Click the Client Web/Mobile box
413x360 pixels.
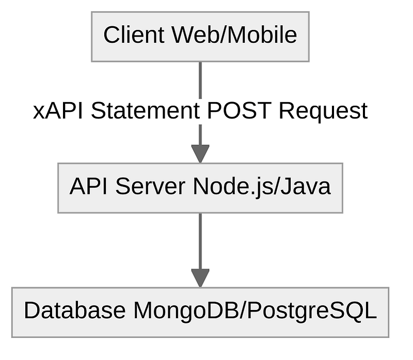[200, 37]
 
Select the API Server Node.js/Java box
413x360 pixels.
[200, 188]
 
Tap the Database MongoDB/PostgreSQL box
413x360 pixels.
[200, 312]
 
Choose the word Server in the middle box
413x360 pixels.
[150, 187]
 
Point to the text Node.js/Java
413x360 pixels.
[262, 187]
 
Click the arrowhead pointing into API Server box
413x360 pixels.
[200, 154]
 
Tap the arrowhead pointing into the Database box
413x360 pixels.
[200, 278]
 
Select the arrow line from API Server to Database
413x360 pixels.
[200, 240]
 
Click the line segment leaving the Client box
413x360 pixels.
[200, 80]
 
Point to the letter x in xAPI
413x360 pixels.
[38, 112]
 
